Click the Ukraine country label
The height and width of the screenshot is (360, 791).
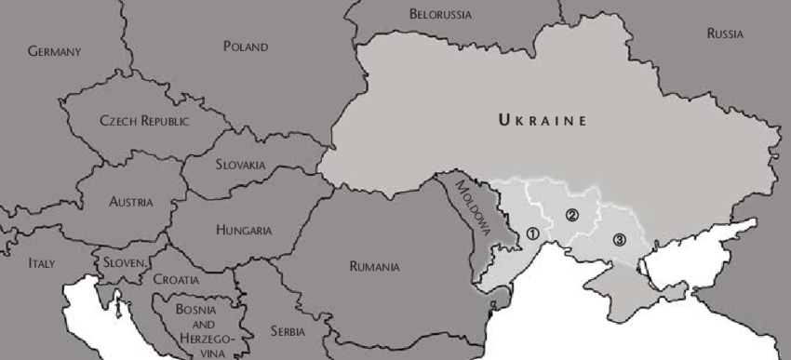[543, 120]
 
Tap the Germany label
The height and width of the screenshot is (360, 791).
[54, 51]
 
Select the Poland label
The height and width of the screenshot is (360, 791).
[245, 47]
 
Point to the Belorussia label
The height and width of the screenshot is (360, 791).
[440, 15]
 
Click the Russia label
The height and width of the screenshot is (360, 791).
[725, 33]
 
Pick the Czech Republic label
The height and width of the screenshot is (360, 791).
[144, 121]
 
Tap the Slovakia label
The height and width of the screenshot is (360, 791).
[240, 165]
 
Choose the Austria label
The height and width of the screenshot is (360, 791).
[131, 201]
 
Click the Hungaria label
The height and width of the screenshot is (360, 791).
[244, 230]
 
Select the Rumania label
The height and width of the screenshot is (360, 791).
[375, 267]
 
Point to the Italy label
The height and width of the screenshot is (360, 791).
[41, 263]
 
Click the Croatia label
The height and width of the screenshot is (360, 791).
[176, 278]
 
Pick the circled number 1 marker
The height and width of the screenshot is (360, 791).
[532, 234]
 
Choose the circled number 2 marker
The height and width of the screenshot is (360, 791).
[572, 215]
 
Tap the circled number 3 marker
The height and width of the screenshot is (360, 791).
[619, 240]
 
